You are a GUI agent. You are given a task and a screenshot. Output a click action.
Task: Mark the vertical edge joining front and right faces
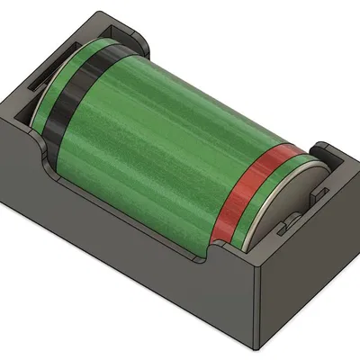(258, 306)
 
